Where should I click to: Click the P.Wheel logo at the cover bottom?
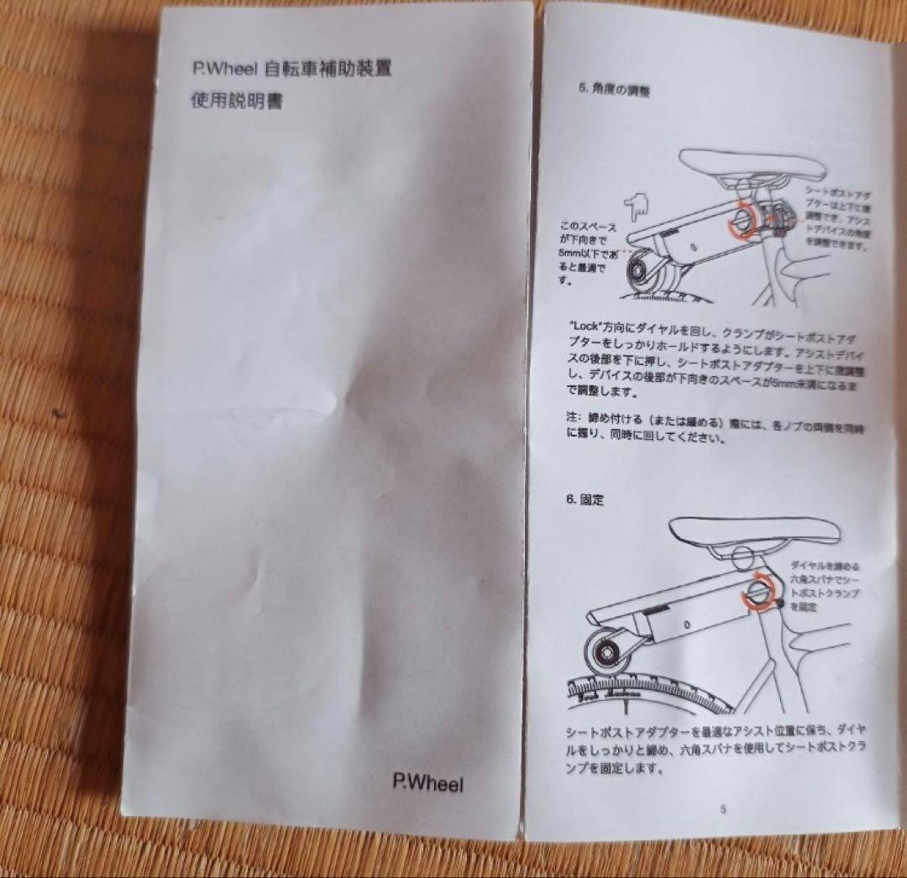tap(427, 783)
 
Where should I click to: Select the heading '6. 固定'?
tap(585, 499)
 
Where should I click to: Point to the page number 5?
tap(722, 809)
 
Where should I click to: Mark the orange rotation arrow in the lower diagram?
tap(759, 588)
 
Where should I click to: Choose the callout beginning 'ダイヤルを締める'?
tap(828, 586)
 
